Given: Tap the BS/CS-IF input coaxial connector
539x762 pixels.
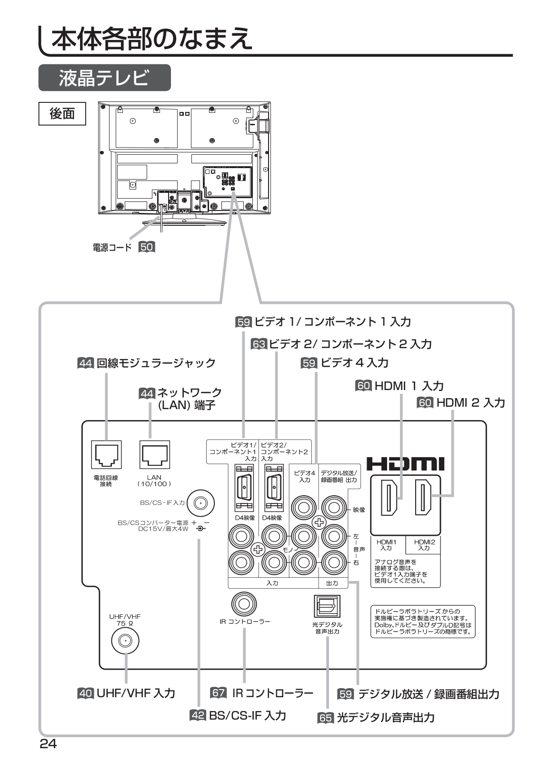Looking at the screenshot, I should [200, 503].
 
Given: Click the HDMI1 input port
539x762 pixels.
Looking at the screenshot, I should [389, 498].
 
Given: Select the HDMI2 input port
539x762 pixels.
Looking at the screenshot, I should [423, 498].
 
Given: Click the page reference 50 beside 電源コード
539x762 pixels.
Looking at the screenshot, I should [147, 247].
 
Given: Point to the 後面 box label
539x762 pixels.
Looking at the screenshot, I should [62, 113].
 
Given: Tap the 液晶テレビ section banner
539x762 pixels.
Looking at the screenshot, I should [104, 78].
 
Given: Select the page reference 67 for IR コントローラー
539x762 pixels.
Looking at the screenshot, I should [219, 693].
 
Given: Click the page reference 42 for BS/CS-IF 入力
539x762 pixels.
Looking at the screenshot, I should [198, 715].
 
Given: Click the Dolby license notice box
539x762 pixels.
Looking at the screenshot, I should [423, 622].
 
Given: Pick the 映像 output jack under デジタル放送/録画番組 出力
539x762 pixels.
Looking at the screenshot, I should [333, 508].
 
